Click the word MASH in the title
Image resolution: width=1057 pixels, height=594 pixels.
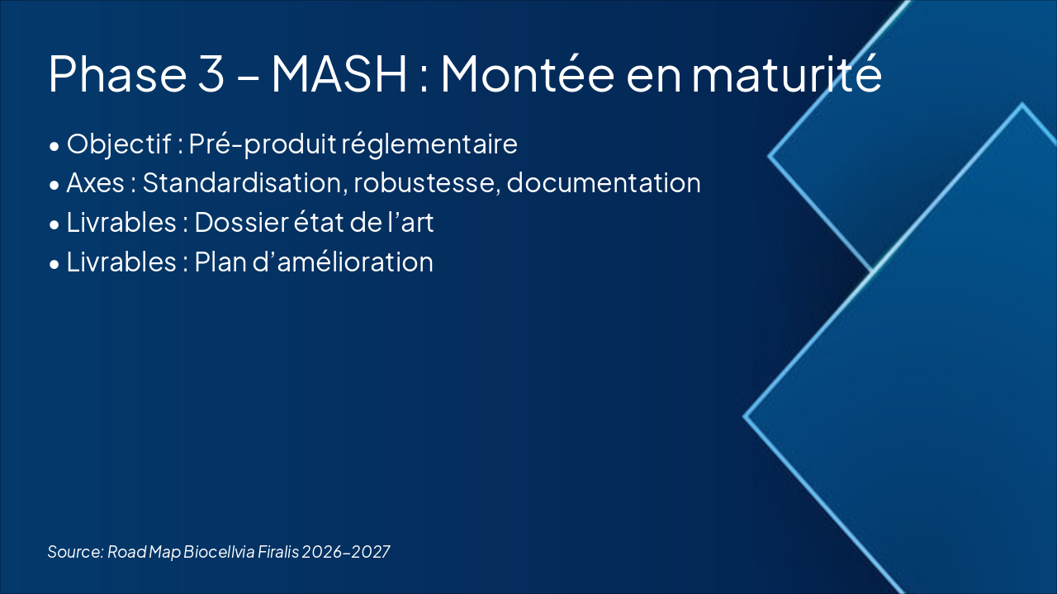(339, 73)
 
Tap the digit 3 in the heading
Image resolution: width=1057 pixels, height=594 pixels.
(211, 73)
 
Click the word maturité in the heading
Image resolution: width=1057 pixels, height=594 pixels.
(787, 73)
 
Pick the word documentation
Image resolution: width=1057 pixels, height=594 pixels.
(604, 183)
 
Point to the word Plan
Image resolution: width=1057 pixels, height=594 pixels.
(218, 262)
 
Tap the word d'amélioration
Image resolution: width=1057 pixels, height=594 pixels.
(341, 262)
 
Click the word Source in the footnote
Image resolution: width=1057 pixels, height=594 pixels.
(74, 551)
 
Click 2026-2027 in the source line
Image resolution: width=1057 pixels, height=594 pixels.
(346, 551)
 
